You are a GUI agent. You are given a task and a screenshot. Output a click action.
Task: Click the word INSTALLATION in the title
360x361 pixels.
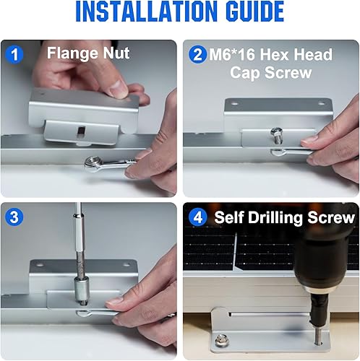pyautogui.click(x=146, y=11)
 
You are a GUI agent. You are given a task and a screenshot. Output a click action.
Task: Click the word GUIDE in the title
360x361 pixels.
pyautogui.click(x=254, y=11)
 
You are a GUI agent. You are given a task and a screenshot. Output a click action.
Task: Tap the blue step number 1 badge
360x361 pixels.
pyautogui.click(x=14, y=54)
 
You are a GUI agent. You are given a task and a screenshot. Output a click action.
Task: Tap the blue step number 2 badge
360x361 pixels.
pyautogui.click(x=197, y=54)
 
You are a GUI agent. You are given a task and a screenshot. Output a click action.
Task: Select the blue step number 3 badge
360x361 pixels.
pyautogui.click(x=14, y=217)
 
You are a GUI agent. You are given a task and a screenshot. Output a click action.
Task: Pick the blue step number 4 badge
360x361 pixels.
pyautogui.click(x=197, y=217)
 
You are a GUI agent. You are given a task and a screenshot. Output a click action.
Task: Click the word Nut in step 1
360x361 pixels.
pyautogui.click(x=116, y=53)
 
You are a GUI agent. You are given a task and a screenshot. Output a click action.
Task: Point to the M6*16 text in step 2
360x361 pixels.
pyautogui.click(x=232, y=54)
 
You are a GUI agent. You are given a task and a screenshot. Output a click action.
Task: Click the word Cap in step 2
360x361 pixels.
pyautogui.click(x=244, y=73)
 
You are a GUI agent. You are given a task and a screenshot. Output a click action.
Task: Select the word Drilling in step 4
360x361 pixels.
pyautogui.click(x=276, y=218)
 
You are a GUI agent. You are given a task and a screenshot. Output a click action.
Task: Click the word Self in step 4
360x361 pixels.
pyautogui.click(x=229, y=217)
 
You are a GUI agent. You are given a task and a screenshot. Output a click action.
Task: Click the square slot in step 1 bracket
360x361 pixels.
pyautogui.click(x=80, y=131)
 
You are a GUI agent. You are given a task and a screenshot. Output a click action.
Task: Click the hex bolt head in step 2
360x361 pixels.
pyautogui.click(x=276, y=132)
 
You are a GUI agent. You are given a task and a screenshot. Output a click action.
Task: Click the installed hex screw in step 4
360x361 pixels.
pyautogui.click(x=221, y=340)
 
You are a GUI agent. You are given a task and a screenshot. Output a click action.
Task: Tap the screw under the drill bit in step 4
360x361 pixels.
pyautogui.click(x=319, y=334)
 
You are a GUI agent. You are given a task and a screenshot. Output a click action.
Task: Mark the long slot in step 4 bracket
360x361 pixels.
pyautogui.click(x=269, y=314)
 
